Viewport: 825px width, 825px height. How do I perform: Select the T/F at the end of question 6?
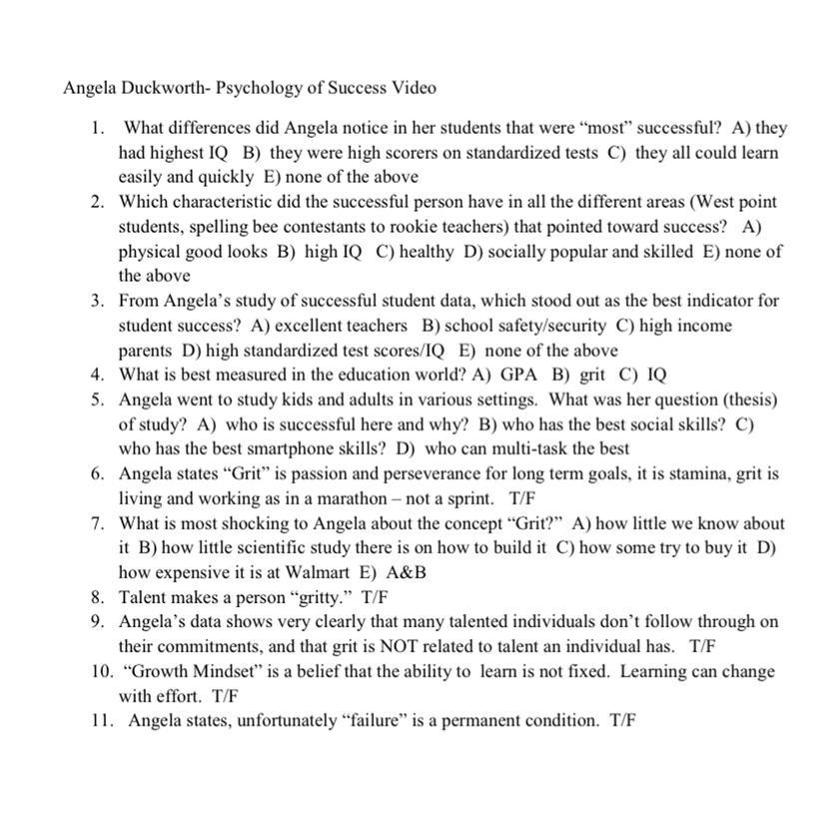click(522, 497)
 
